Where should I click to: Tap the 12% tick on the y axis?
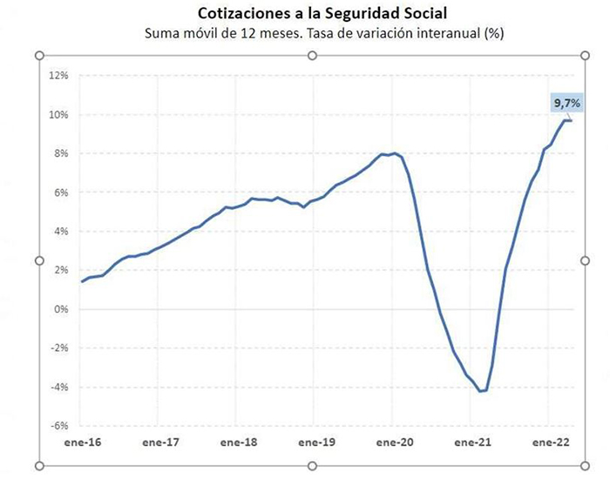pyautogui.click(x=58, y=75)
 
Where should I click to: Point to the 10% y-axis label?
pyautogui.click(x=58, y=114)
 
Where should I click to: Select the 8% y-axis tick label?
pyautogui.click(x=60, y=153)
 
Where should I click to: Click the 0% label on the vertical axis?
pyautogui.click(x=60, y=308)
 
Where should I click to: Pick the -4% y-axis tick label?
pyautogui.click(x=58, y=387)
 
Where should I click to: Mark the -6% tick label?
pyautogui.click(x=58, y=426)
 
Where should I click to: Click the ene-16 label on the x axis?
pyautogui.click(x=83, y=443)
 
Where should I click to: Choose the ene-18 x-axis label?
pyautogui.click(x=239, y=443)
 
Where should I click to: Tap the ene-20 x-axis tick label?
pyautogui.click(x=394, y=443)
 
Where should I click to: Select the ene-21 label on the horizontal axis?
pyautogui.click(x=471, y=443)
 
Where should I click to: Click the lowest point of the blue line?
pyautogui.click(x=480, y=391)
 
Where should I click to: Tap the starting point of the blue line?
pyautogui.click(x=82, y=281)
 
